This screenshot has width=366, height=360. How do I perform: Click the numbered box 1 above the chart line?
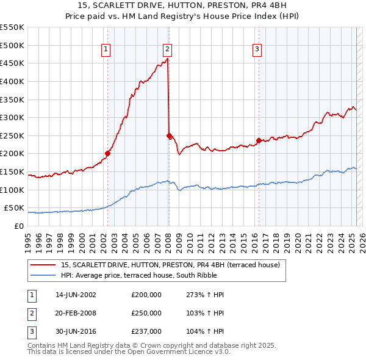[x=106, y=50]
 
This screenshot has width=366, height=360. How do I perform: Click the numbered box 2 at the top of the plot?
[x=167, y=50]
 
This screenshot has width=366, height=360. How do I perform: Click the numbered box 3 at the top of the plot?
[x=257, y=50]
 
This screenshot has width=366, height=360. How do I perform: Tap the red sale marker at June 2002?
[x=108, y=154]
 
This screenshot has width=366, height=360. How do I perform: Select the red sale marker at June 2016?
[x=259, y=140]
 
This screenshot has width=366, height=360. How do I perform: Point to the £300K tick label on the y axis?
[x=12, y=117]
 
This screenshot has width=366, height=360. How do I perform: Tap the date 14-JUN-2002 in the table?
[x=76, y=295]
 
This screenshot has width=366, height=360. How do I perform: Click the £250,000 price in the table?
[x=146, y=313]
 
